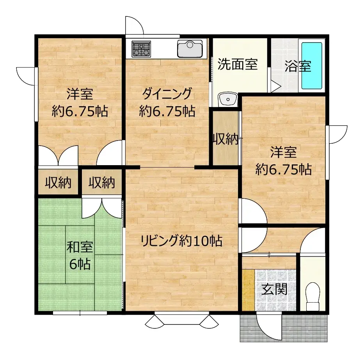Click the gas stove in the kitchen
tap(141, 49)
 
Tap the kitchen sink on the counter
tap(190, 49)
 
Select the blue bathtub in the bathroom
tap(312, 66)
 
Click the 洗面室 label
tap(237, 64)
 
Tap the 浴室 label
tap(298, 66)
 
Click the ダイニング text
tap(167, 94)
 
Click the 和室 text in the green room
tap(80, 248)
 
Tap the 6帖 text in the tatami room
tap(80, 264)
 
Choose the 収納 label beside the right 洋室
tap(225, 139)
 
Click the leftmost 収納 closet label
tap(58, 182)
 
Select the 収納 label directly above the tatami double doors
tap(101, 182)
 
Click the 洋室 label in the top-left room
tap(80, 94)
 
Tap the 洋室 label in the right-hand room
tap(283, 151)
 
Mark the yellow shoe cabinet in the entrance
tap(248, 290)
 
